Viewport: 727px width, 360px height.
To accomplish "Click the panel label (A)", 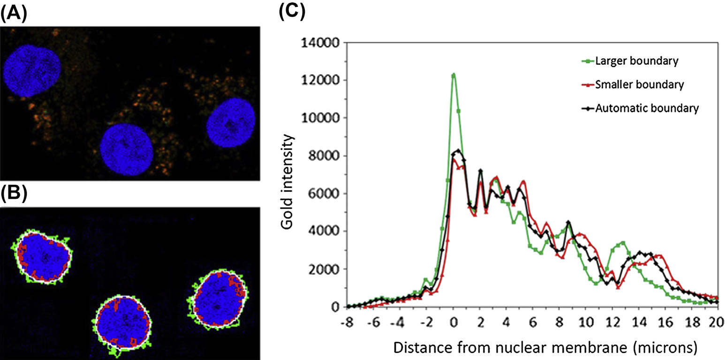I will tap(14, 14).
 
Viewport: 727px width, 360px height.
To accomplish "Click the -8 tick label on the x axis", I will tap(348, 323).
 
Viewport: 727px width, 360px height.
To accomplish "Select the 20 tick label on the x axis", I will tap(715, 323).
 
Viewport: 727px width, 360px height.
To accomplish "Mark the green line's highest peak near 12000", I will tap(454, 74).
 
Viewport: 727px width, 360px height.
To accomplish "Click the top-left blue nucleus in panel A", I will tap(32, 70).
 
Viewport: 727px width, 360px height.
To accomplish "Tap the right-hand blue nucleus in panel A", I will tap(231, 123).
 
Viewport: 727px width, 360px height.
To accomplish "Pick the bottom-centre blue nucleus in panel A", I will tap(127, 150).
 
